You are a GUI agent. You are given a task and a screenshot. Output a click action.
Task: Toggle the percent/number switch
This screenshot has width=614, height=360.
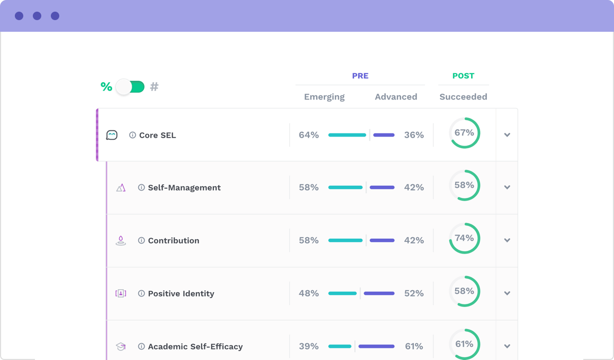pyautogui.click(x=130, y=87)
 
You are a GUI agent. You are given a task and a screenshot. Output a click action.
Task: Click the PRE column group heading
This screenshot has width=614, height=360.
pyautogui.click(x=360, y=76)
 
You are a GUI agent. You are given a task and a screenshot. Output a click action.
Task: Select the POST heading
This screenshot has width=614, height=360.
pyautogui.click(x=463, y=76)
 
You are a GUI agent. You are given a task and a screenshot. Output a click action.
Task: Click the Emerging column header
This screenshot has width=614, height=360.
pyautogui.click(x=324, y=97)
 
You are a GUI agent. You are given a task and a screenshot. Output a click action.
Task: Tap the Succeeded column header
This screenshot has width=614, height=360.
pyautogui.click(x=463, y=97)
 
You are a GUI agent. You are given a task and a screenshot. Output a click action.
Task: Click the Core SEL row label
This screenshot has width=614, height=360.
pyautogui.click(x=157, y=135)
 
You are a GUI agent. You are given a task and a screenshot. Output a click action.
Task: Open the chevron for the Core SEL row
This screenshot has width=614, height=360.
pyautogui.click(x=507, y=135)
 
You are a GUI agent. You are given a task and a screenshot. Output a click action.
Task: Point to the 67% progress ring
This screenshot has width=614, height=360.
pyautogui.click(x=464, y=133)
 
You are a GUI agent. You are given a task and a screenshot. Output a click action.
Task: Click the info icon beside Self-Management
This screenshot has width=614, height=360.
pyautogui.click(x=141, y=187)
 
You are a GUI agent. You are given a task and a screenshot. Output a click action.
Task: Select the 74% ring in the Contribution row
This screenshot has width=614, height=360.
pyautogui.click(x=464, y=238)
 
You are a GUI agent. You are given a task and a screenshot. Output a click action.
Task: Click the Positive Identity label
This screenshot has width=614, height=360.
pyautogui.click(x=181, y=293)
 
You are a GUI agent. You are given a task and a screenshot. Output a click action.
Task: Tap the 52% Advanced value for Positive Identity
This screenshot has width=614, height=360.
pyautogui.click(x=414, y=293)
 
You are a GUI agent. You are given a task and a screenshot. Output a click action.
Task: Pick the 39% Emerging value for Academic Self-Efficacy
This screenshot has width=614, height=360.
pyautogui.click(x=309, y=346)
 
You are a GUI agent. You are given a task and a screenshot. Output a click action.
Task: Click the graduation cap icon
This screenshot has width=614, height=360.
pyautogui.click(x=121, y=346)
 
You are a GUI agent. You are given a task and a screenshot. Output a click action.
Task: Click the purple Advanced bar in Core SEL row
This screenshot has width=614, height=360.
pyautogui.click(x=384, y=135)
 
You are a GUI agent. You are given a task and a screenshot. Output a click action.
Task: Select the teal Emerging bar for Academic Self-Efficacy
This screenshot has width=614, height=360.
pyautogui.click(x=340, y=346)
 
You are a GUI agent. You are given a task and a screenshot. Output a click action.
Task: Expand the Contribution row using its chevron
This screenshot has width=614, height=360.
pyautogui.click(x=507, y=240)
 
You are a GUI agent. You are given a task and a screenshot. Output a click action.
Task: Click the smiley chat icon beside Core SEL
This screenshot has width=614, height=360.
pyautogui.click(x=112, y=135)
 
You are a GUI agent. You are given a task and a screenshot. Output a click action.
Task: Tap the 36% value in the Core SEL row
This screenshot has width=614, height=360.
pyautogui.click(x=414, y=135)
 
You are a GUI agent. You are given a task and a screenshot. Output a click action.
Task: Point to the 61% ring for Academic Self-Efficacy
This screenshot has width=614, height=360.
pyautogui.click(x=464, y=344)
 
